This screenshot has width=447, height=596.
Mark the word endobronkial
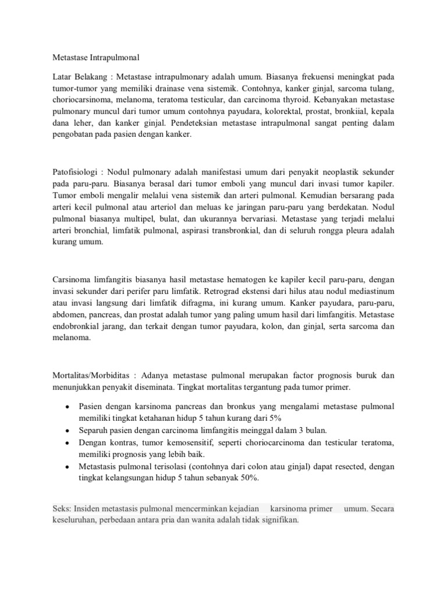(x=78, y=327)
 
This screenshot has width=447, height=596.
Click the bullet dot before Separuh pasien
(x=68, y=431)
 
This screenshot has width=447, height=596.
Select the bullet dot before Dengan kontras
(x=68, y=443)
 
